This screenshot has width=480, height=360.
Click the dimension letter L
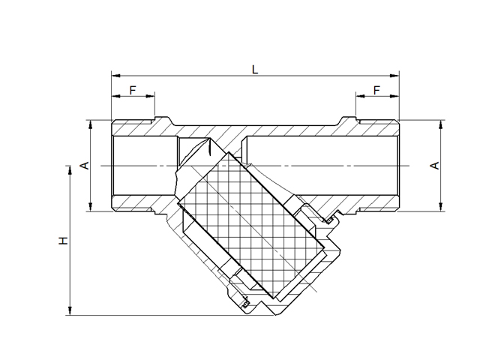click(x=255, y=69)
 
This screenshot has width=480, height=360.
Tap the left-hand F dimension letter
click(x=133, y=90)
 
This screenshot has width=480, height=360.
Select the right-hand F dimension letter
click(x=376, y=90)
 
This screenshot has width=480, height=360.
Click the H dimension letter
click(x=64, y=241)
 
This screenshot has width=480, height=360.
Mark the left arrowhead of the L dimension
click(x=115, y=76)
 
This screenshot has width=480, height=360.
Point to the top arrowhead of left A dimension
click(x=91, y=123)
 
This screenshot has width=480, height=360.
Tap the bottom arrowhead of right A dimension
click(x=440, y=208)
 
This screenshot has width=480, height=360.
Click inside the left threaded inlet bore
click(x=142, y=166)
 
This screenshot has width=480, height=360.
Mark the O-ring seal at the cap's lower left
click(x=245, y=304)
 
